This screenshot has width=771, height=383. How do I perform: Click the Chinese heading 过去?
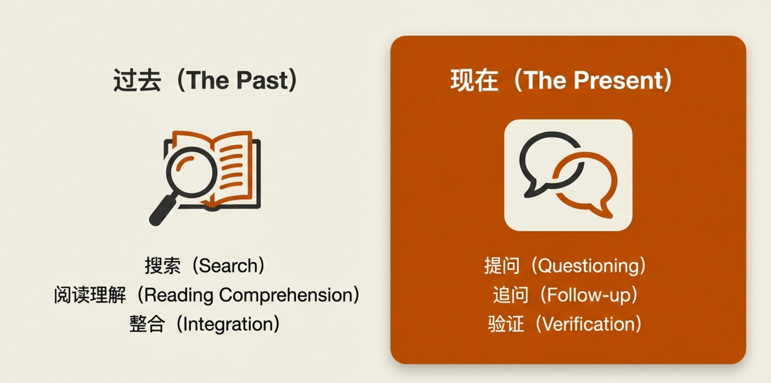(137, 80)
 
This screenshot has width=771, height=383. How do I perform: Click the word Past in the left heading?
(262, 80)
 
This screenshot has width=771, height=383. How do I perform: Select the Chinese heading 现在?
(474, 80)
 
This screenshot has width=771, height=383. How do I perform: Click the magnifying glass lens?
(191, 172)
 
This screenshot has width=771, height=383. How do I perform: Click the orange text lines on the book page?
(232, 167)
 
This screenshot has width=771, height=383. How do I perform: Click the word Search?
(229, 266)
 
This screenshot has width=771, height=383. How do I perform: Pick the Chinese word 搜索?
(163, 266)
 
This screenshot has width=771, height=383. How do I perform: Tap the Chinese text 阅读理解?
(90, 295)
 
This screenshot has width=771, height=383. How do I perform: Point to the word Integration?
(228, 325)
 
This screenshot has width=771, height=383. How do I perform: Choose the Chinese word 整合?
(147, 324)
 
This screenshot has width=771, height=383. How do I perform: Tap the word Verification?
(589, 324)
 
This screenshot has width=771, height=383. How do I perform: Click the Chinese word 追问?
(510, 295)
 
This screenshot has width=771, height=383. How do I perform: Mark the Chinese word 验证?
(506, 324)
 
